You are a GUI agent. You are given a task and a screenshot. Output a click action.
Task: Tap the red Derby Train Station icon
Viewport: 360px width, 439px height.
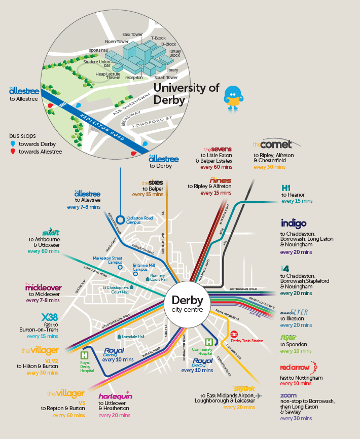(x=235, y=334)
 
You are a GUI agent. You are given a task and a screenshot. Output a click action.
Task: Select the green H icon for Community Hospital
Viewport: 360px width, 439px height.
(x=208, y=343)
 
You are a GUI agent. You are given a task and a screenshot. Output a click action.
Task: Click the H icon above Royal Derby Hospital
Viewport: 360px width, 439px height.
(x=84, y=356)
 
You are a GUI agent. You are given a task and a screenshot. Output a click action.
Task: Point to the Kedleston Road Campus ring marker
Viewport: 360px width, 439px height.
(x=120, y=219)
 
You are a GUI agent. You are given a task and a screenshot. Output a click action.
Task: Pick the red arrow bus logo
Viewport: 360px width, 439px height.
(x=298, y=367)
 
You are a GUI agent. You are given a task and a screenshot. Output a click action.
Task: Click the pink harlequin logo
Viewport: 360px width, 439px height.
(x=115, y=395)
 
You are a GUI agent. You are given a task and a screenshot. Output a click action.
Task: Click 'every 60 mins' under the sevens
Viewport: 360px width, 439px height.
(x=216, y=166)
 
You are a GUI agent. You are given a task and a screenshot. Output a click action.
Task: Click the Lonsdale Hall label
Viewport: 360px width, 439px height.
(x=134, y=337)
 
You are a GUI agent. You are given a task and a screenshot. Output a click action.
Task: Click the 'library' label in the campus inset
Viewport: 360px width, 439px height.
(x=172, y=70)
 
